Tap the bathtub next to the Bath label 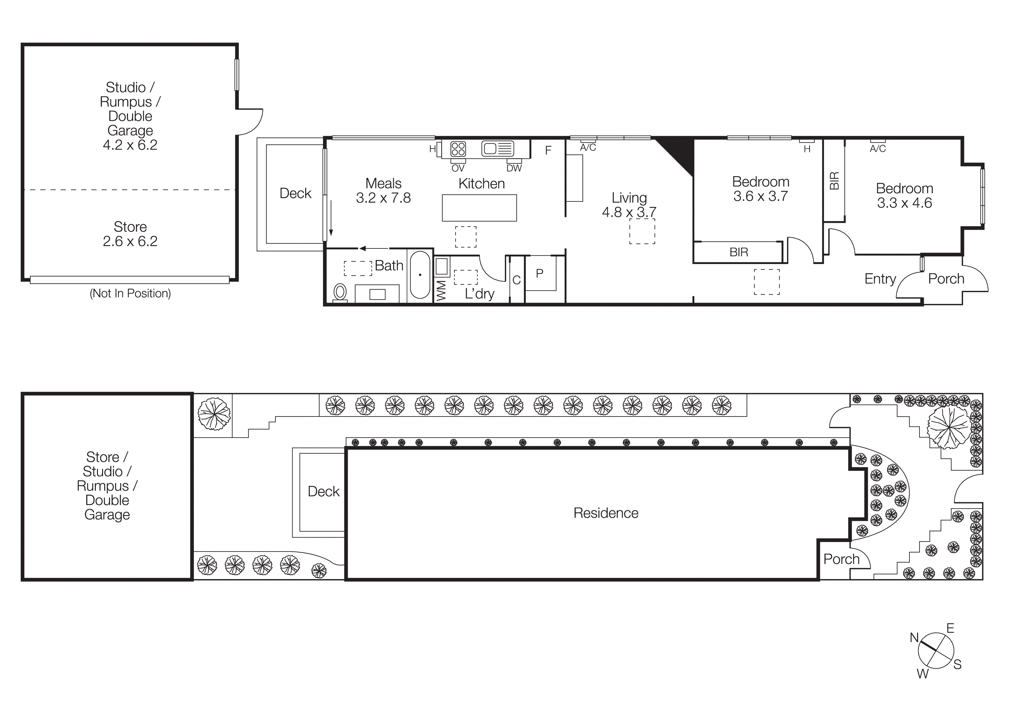coord(420,275)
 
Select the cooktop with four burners coord(458,149)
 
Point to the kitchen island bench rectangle coord(479,208)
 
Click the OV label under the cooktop coord(458,168)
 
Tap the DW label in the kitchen coord(514,168)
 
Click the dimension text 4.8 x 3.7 coord(629,212)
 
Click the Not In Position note coord(130,293)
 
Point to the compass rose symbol coord(936,651)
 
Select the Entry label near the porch coord(880,279)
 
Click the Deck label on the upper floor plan coord(295,193)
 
